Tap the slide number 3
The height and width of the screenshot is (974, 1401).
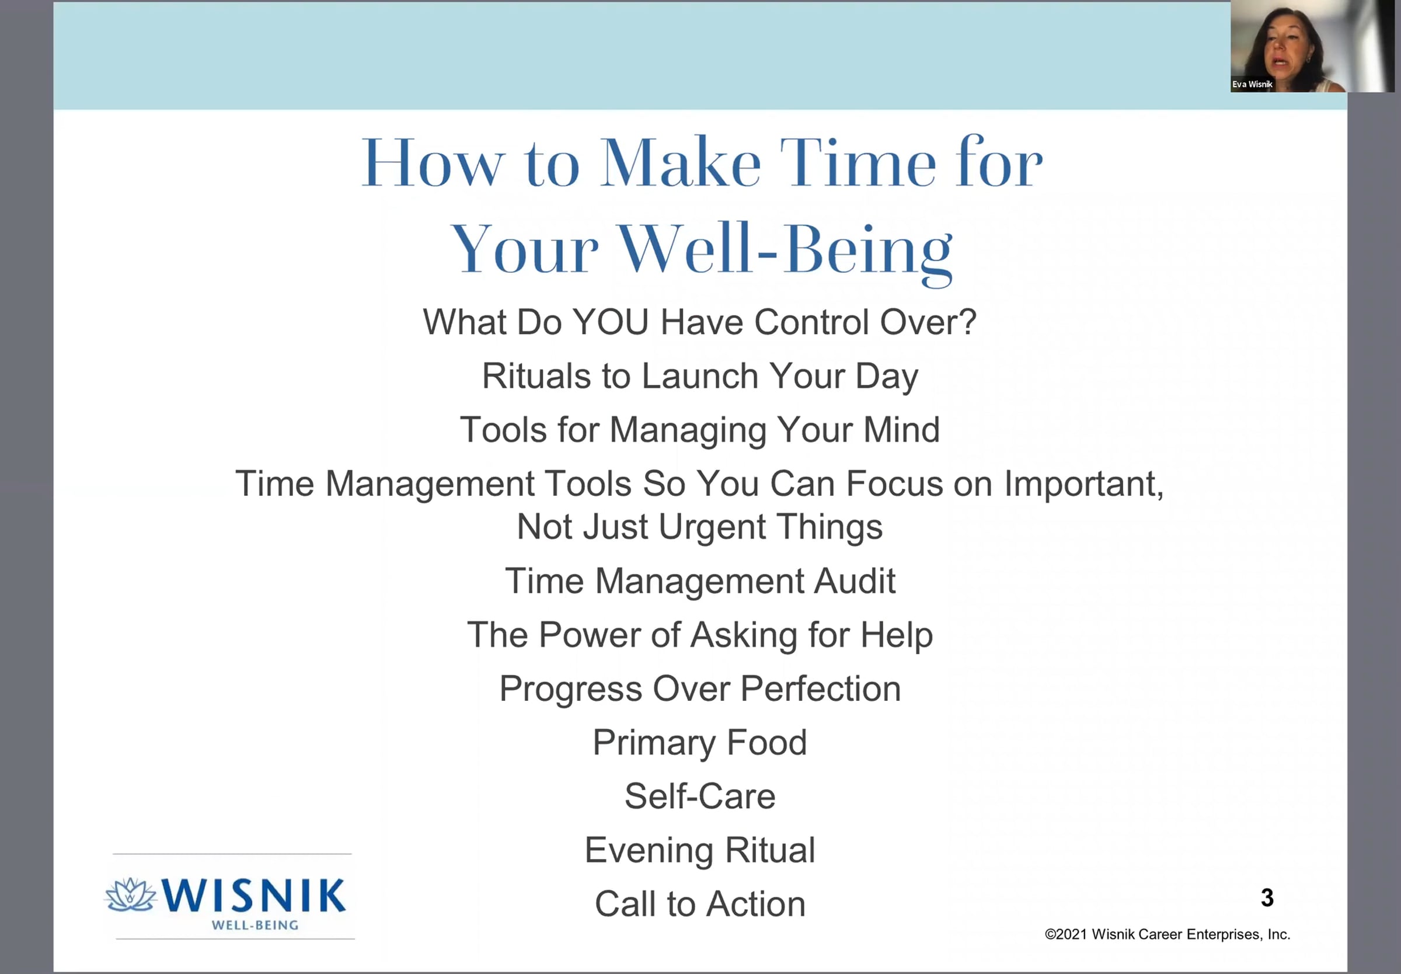click(x=1267, y=897)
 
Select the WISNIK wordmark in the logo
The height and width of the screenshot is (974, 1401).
click(x=254, y=895)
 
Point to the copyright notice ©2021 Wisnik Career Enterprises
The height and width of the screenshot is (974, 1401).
click(x=1167, y=934)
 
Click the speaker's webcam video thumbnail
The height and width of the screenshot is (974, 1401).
click(x=1312, y=46)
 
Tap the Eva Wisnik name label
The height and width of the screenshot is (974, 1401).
click(x=1252, y=84)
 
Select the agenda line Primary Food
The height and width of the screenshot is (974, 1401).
click(x=699, y=743)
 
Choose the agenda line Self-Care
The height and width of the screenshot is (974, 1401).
click(x=699, y=796)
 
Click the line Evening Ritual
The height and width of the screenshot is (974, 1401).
click(x=699, y=850)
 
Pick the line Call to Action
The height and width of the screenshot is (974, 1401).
click(x=699, y=904)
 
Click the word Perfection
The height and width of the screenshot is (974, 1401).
click(x=820, y=688)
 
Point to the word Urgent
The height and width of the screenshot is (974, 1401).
click(x=712, y=527)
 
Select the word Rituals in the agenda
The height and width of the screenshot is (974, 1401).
click(x=536, y=375)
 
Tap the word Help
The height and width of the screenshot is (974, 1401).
click(x=897, y=635)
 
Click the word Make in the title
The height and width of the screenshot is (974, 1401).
click(x=681, y=162)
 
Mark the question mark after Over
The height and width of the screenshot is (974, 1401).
click(x=968, y=322)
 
